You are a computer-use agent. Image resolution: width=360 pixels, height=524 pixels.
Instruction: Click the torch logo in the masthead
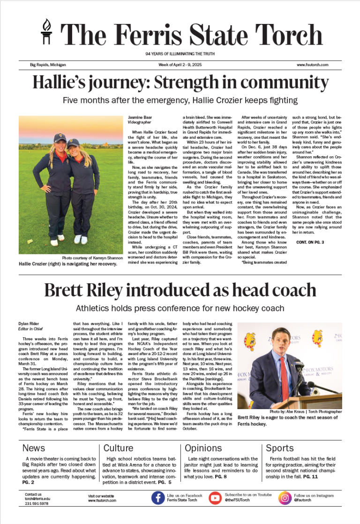[x=47, y=34]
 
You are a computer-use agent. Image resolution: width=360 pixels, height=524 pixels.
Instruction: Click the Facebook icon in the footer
[x=157, y=497]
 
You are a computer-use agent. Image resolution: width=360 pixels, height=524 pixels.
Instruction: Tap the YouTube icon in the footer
[x=215, y=497]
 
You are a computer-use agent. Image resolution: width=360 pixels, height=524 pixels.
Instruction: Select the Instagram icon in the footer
[x=285, y=497]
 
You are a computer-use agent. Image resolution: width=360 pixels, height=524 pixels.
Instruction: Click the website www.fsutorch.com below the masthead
[x=312, y=65]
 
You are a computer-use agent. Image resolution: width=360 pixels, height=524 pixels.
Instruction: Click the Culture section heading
[x=118, y=448]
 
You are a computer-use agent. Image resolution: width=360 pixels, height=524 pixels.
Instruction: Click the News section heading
[x=34, y=448]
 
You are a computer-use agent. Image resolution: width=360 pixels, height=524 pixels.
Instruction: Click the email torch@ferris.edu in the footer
[x=37, y=499]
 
